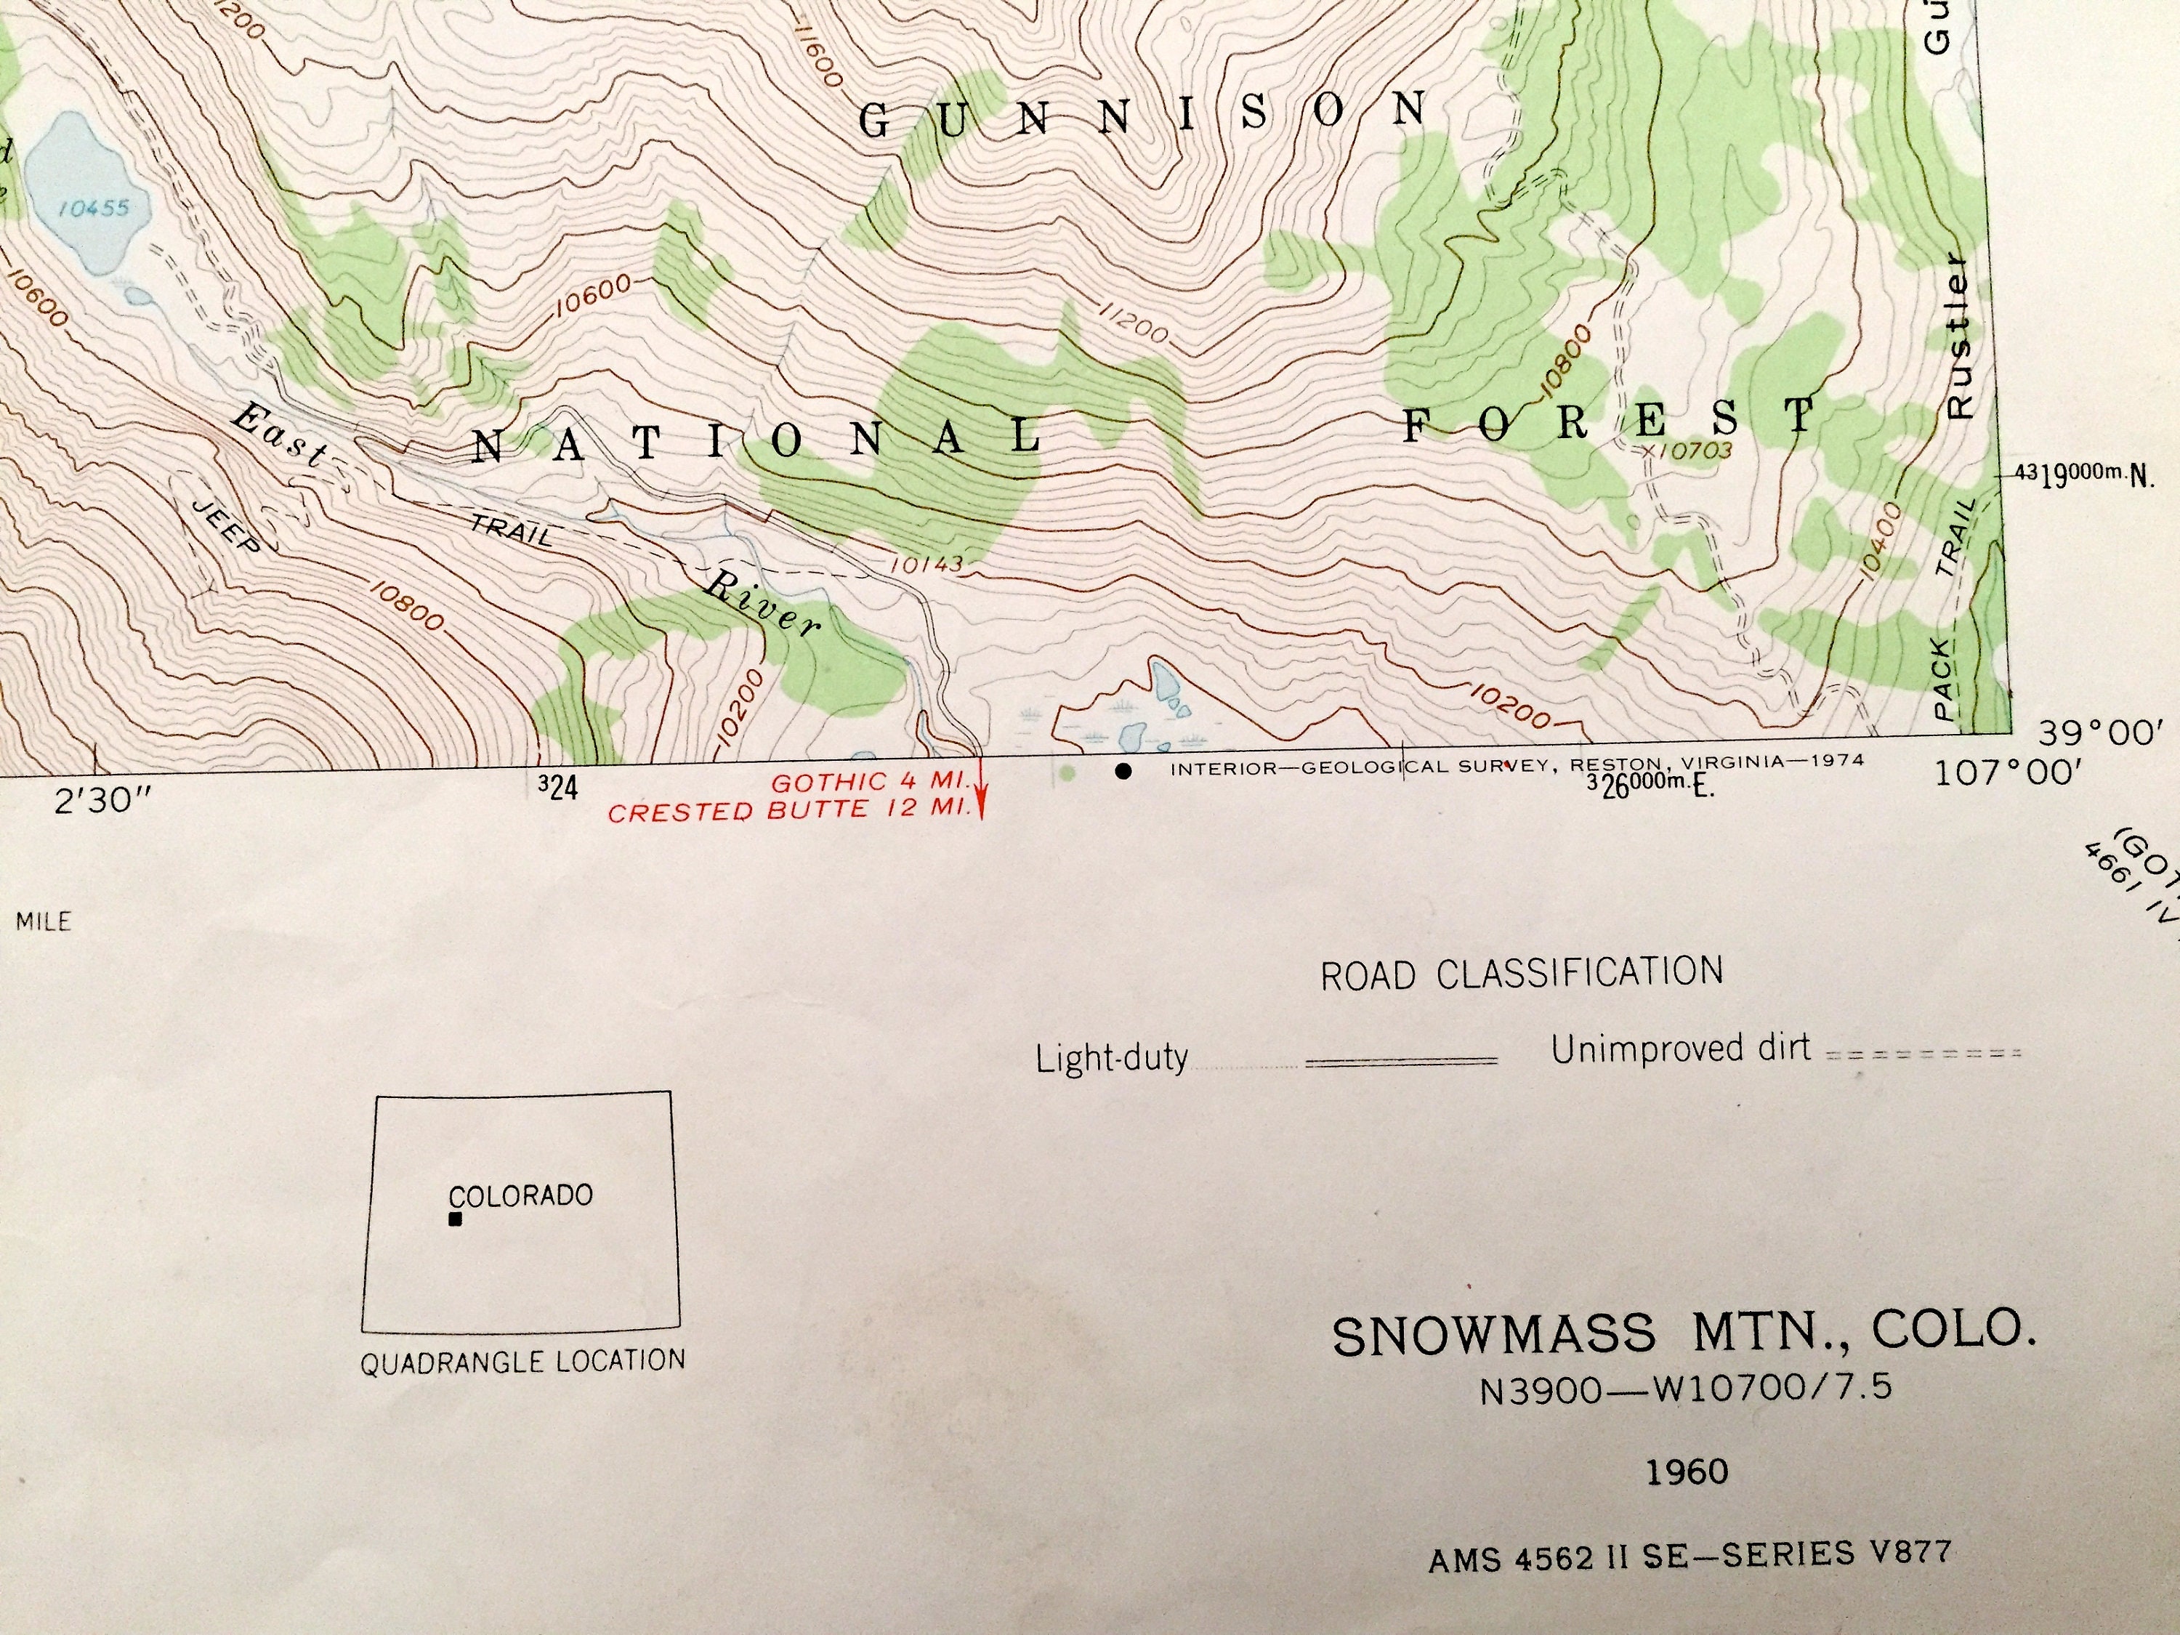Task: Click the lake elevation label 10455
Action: point(94,208)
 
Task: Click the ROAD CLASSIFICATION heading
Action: point(1522,974)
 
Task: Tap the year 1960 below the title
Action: point(1687,1472)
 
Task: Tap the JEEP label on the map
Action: point(225,525)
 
